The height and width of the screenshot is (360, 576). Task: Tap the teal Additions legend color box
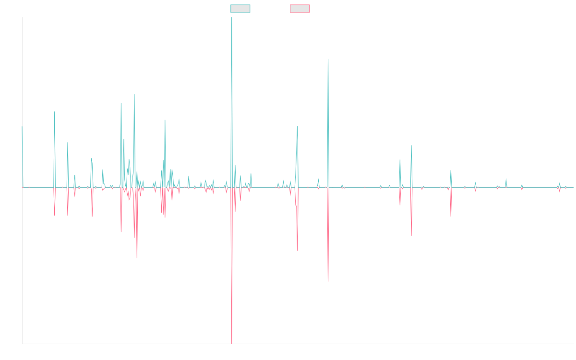(x=240, y=9)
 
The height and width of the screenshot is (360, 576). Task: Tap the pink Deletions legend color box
(x=300, y=9)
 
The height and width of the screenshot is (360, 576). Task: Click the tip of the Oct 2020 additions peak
(x=328, y=59)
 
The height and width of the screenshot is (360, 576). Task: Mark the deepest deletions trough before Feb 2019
(x=232, y=343)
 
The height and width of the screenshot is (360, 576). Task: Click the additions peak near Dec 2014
(x=55, y=112)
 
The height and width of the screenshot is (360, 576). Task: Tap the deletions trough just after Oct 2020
(x=328, y=281)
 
